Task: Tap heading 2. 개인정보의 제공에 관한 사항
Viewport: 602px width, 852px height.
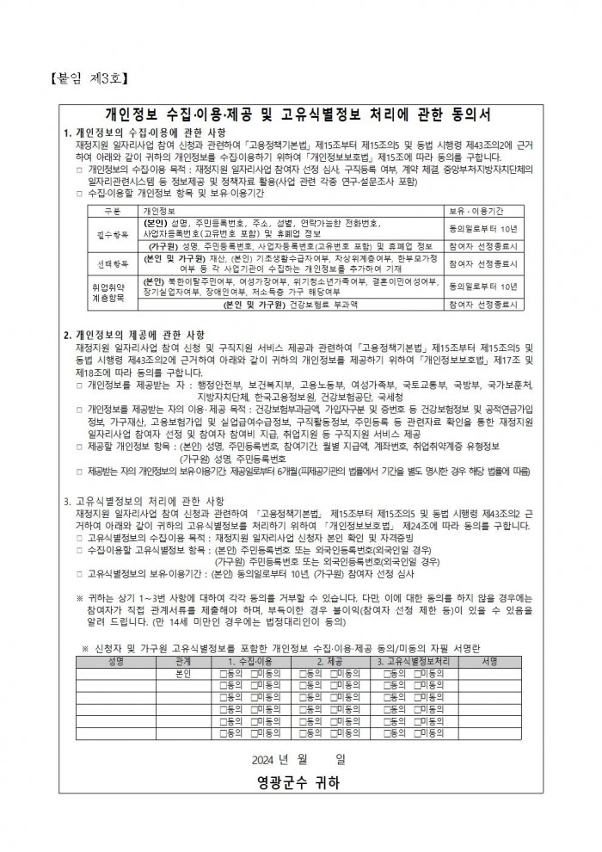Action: [x=134, y=334]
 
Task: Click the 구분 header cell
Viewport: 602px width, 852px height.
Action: [x=111, y=209]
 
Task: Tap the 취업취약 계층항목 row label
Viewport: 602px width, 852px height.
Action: [x=110, y=289]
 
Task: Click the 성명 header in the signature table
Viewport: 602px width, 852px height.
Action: [x=116, y=661]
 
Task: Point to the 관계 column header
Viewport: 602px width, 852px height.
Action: [x=182, y=661]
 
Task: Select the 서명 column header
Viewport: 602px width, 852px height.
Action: [x=490, y=661]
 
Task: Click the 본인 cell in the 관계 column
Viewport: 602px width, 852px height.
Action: [x=182, y=673]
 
